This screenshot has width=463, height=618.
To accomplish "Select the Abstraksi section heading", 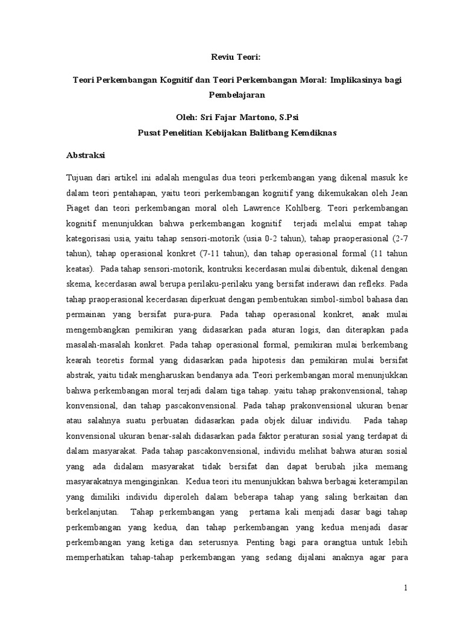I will click(x=86, y=155).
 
